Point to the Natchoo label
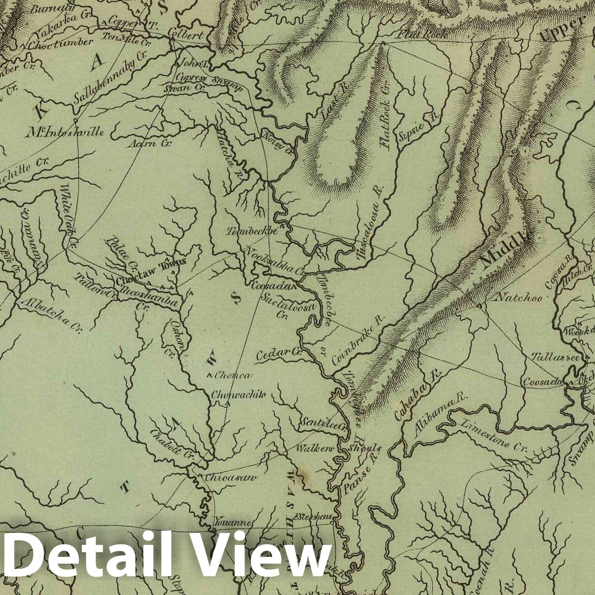pyautogui.click(x=519, y=298)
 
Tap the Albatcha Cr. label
pyautogui.click(x=52, y=314)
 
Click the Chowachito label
pyautogui.click(x=238, y=395)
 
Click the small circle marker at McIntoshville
pyautogui.click(x=75, y=120)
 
